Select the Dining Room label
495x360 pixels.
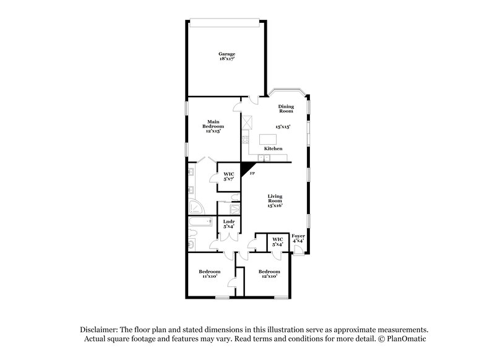click(x=285, y=108)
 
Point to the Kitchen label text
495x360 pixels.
click(x=273, y=149)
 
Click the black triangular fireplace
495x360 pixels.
click(x=247, y=167)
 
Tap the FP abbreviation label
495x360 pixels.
click(x=252, y=174)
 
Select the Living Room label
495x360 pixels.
click(x=275, y=200)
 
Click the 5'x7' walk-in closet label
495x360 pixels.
click(x=228, y=176)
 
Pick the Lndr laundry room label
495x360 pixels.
click(x=228, y=223)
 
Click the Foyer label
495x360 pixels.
click(x=298, y=238)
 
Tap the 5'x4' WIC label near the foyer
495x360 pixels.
click(x=277, y=241)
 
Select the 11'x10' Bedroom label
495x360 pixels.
click(x=210, y=274)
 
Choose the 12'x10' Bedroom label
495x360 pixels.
click(x=269, y=274)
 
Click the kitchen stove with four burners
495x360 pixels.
click(x=246, y=121)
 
